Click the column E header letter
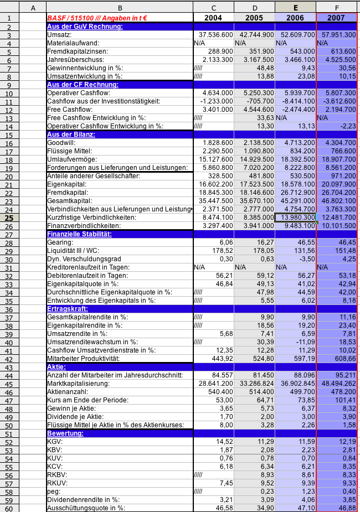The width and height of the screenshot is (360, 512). coord(295,8)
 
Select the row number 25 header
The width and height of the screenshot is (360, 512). coord(9,218)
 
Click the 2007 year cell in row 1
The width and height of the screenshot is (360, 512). coord(336,18)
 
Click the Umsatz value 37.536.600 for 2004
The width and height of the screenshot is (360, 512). coord(213,34)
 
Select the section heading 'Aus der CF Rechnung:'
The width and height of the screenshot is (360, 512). coord(83,84)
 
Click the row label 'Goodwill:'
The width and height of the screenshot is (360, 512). coord(61,143)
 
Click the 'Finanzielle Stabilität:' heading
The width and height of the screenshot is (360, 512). coord(80,234)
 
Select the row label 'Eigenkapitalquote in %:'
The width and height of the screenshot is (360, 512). coord(83,284)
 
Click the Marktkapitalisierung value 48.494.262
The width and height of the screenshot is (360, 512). coord(337,383)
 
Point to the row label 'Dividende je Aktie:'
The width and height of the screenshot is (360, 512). coord(77,416)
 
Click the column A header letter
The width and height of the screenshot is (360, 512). coord(33,8)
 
